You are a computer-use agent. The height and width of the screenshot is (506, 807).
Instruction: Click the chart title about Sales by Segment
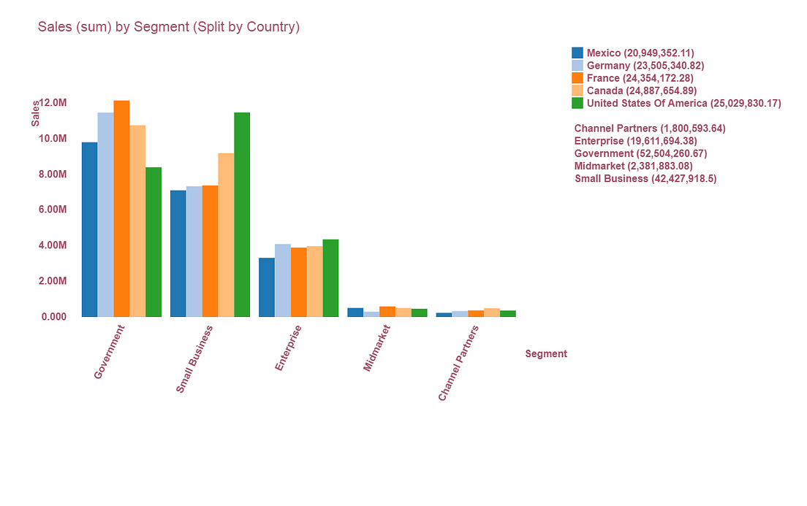point(169,27)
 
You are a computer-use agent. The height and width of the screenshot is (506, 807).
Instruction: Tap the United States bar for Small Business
point(242,215)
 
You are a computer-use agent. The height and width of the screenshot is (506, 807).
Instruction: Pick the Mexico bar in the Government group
point(89,229)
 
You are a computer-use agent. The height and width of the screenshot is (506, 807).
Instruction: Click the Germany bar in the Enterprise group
point(283,280)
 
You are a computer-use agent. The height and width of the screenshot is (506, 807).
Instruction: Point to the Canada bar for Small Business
point(226,235)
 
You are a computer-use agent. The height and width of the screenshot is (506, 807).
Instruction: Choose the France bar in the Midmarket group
point(387,312)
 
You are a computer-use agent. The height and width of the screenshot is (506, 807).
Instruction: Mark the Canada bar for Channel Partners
point(492,313)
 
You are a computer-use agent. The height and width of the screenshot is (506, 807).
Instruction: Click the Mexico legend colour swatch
point(577,53)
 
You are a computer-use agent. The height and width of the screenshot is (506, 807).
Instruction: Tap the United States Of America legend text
point(683,103)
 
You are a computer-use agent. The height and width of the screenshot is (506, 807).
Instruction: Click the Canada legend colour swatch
point(577,91)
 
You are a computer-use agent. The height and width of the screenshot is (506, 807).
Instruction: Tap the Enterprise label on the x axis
point(289,348)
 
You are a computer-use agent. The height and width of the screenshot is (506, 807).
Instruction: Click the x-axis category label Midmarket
point(377,348)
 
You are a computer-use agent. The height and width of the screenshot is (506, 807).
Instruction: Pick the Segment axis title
point(546,354)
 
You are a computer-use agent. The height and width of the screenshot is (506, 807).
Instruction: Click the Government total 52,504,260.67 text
point(640,153)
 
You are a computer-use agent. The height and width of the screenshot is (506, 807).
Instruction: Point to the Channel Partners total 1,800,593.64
point(650,129)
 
